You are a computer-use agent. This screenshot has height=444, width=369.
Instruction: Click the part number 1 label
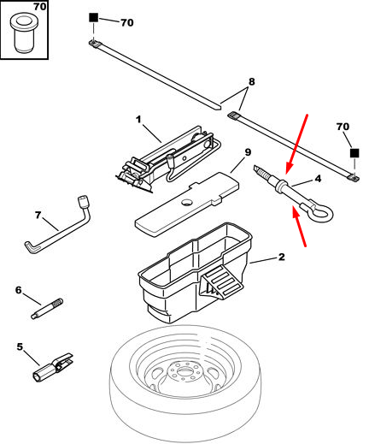(x=138, y=119)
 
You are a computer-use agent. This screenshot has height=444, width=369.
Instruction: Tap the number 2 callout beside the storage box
(x=281, y=257)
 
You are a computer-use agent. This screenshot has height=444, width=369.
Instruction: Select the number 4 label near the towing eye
(x=318, y=179)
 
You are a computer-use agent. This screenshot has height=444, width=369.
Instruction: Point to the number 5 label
(x=20, y=346)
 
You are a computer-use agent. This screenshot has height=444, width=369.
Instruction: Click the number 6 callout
(x=19, y=290)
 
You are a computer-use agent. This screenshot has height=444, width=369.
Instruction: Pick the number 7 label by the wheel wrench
(x=38, y=215)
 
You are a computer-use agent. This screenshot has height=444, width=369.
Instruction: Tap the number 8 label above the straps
(x=251, y=82)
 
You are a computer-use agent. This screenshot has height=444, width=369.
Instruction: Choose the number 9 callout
(x=248, y=152)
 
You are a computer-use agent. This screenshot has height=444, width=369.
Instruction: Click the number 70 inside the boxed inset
(x=40, y=6)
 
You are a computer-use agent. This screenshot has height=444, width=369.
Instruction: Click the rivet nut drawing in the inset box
(x=23, y=34)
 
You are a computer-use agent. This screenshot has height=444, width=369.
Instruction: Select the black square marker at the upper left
(x=94, y=18)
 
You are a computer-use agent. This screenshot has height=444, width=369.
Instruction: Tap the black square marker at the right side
(x=354, y=153)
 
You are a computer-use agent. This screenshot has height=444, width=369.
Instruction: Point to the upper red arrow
(x=296, y=144)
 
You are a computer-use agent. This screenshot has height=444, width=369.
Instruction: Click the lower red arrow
(x=299, y=226)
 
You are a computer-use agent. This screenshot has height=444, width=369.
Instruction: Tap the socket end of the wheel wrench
(x=84, y=202)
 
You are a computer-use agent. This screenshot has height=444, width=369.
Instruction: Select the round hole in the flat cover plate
(x=187, y=203)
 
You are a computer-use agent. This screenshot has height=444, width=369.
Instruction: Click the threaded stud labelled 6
(x=47, y=309)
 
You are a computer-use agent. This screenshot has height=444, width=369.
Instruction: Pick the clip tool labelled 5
(x=53, y=367)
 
